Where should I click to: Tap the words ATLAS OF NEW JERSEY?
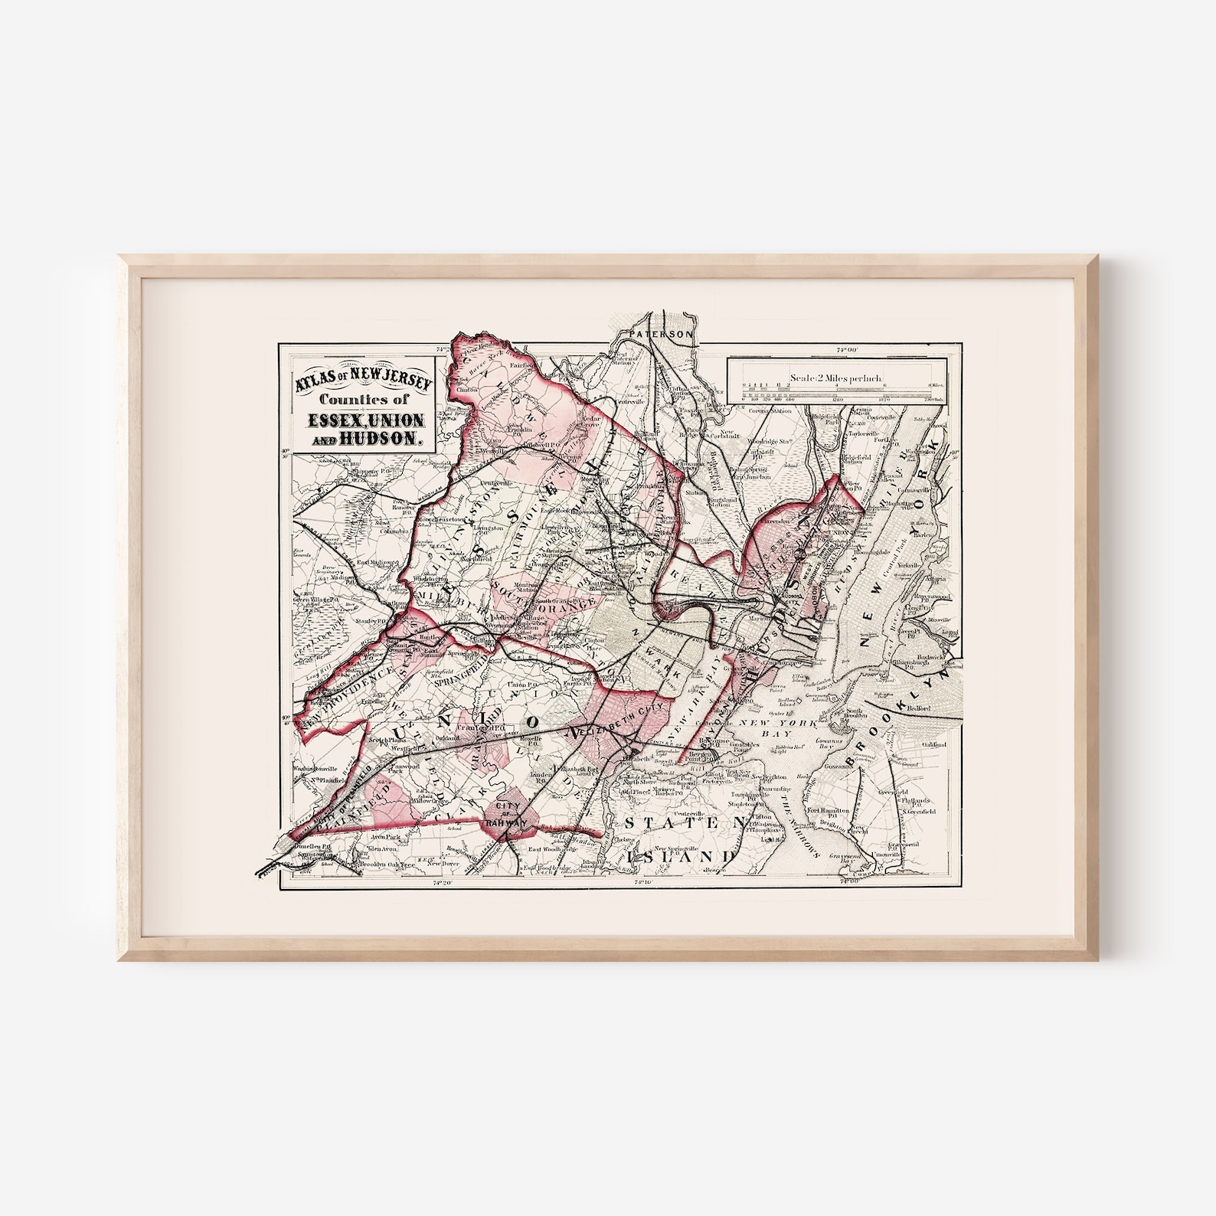(x=365, y=382)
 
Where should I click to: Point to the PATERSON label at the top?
(x=659, y=335)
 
